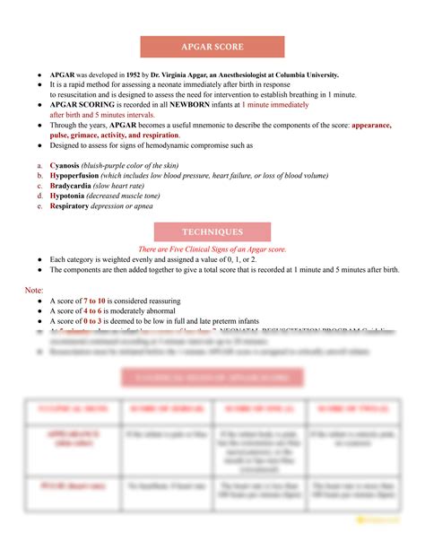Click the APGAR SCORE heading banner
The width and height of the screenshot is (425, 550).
212,47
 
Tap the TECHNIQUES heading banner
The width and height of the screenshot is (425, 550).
212,232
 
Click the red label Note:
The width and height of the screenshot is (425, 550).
34,291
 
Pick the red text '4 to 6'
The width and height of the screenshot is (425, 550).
96,312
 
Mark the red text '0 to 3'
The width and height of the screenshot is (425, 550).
96,322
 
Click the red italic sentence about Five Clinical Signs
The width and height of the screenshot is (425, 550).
212,249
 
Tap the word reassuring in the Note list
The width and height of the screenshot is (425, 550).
178,302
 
